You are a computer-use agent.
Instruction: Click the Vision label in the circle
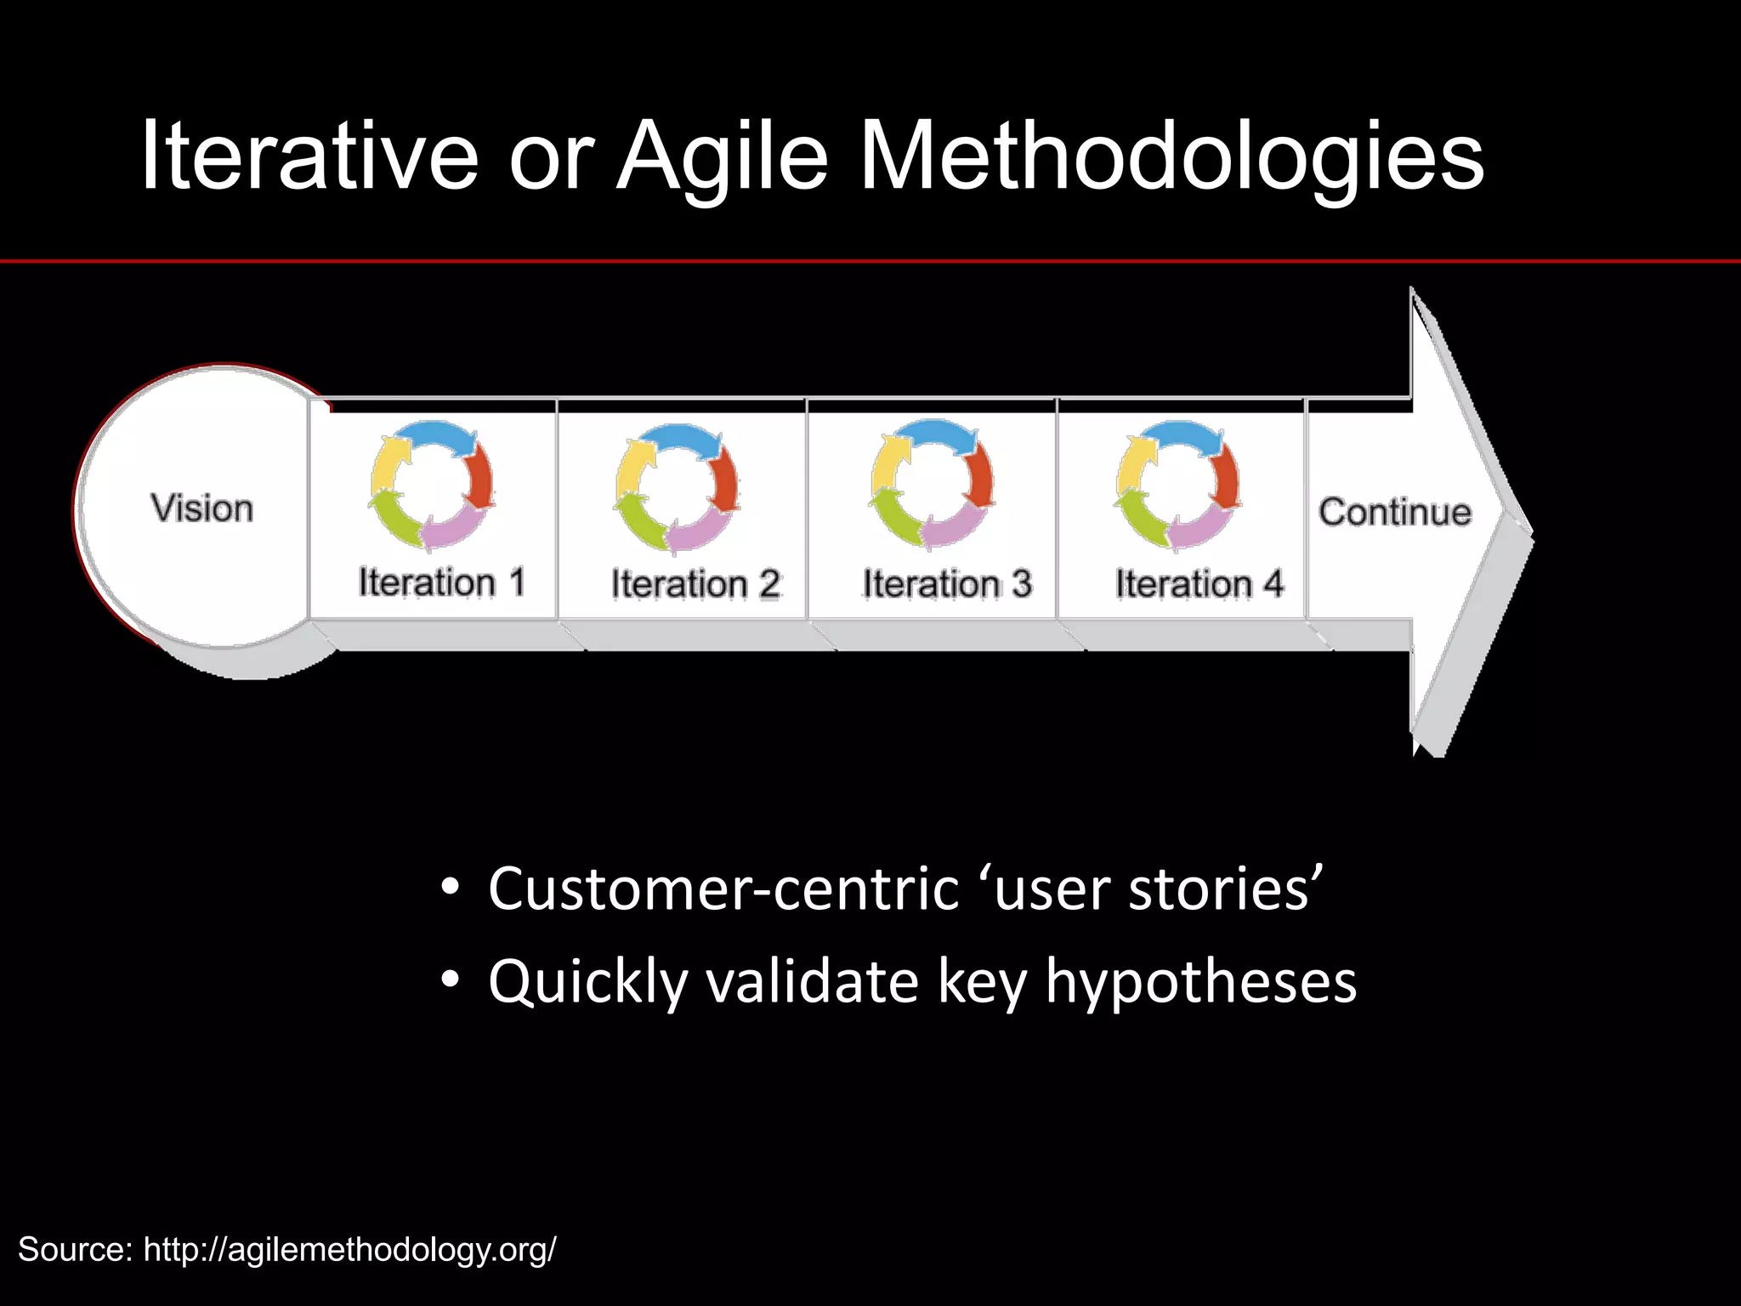point(202,508)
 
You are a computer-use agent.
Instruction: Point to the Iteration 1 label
point(441,583)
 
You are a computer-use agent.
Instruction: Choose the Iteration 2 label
point(695,584)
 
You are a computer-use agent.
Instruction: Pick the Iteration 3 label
point(946,584)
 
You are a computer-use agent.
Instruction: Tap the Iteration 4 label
point(1199,584)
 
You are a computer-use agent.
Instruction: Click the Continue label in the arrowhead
point(1394,512)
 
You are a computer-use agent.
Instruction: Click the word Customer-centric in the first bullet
point(723,889)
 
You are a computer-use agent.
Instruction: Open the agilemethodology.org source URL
point(349,1250)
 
